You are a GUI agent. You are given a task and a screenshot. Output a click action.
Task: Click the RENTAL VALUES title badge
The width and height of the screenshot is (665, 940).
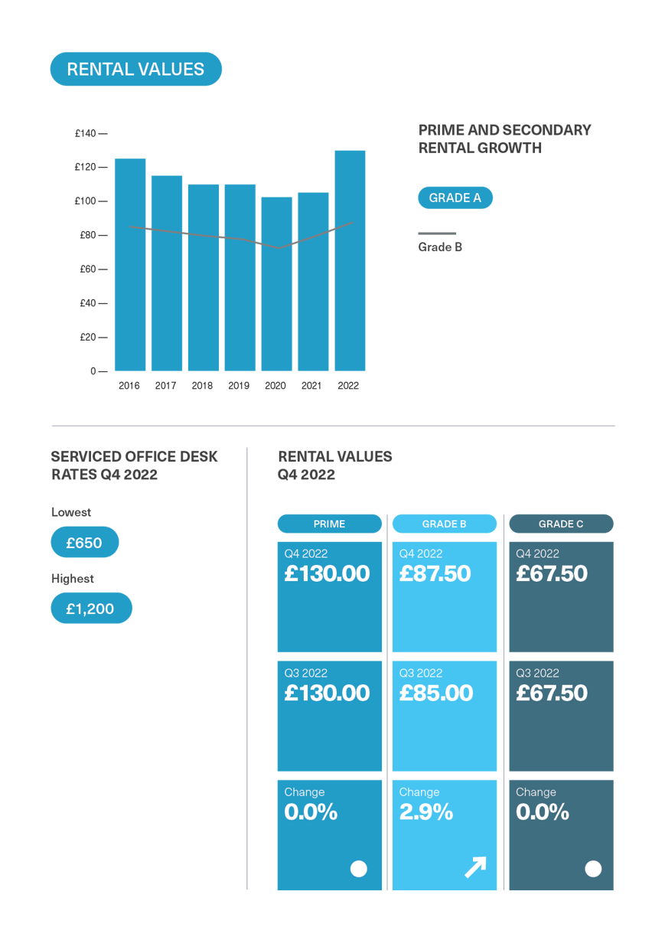tap(135, 69)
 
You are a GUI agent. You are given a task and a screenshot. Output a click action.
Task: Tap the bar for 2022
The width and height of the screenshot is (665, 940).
tap(350, 260)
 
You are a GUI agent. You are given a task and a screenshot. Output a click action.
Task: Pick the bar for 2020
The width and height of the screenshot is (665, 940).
tap(276, 283)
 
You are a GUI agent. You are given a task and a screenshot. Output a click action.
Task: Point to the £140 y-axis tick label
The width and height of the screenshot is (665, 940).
tap(86, 134)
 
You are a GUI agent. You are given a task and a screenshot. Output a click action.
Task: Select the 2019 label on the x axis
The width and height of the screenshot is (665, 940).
tap(239, 386)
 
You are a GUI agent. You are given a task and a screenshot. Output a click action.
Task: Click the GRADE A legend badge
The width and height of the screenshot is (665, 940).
tap(455, 198)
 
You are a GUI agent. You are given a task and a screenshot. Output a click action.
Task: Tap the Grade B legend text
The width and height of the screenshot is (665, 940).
tap(440, 247)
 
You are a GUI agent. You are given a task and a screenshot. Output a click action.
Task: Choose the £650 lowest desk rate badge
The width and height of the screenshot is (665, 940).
tap(84, 543)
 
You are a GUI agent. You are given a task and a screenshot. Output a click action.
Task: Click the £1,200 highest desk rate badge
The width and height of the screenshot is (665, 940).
tap(90, 609)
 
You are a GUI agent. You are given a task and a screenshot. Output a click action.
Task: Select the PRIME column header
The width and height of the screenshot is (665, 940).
tap(329, 524)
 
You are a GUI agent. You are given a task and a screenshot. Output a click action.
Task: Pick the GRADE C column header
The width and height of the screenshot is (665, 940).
tap(560, 524)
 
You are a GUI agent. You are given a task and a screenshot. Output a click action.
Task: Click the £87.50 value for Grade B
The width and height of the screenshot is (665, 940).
tap(435, 573)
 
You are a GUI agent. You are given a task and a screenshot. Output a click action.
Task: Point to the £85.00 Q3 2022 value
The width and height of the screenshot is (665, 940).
tap(436, 693)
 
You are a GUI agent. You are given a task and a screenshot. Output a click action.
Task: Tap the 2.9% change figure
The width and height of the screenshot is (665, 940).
tap(426, 812)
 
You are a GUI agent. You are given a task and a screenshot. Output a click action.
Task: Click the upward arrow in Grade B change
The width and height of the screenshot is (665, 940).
tap(475, 867)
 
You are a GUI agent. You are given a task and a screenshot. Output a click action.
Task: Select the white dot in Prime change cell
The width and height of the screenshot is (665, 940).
tap(358, 868)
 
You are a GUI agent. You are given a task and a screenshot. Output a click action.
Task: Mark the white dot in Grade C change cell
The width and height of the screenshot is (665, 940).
tap(593, 868)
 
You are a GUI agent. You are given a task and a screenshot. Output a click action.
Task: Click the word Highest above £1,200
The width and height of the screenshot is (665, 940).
tap(73, 579)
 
